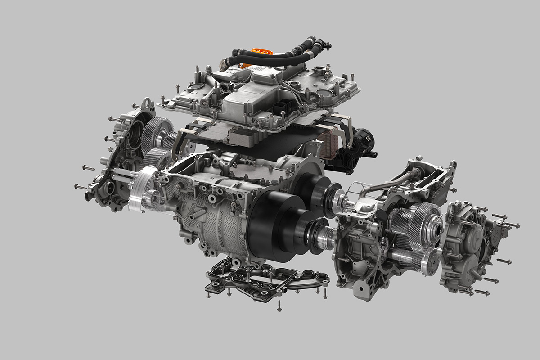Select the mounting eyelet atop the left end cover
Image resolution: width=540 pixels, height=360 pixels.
point(146,106)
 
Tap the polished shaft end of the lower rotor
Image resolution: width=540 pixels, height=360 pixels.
point(326,236)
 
